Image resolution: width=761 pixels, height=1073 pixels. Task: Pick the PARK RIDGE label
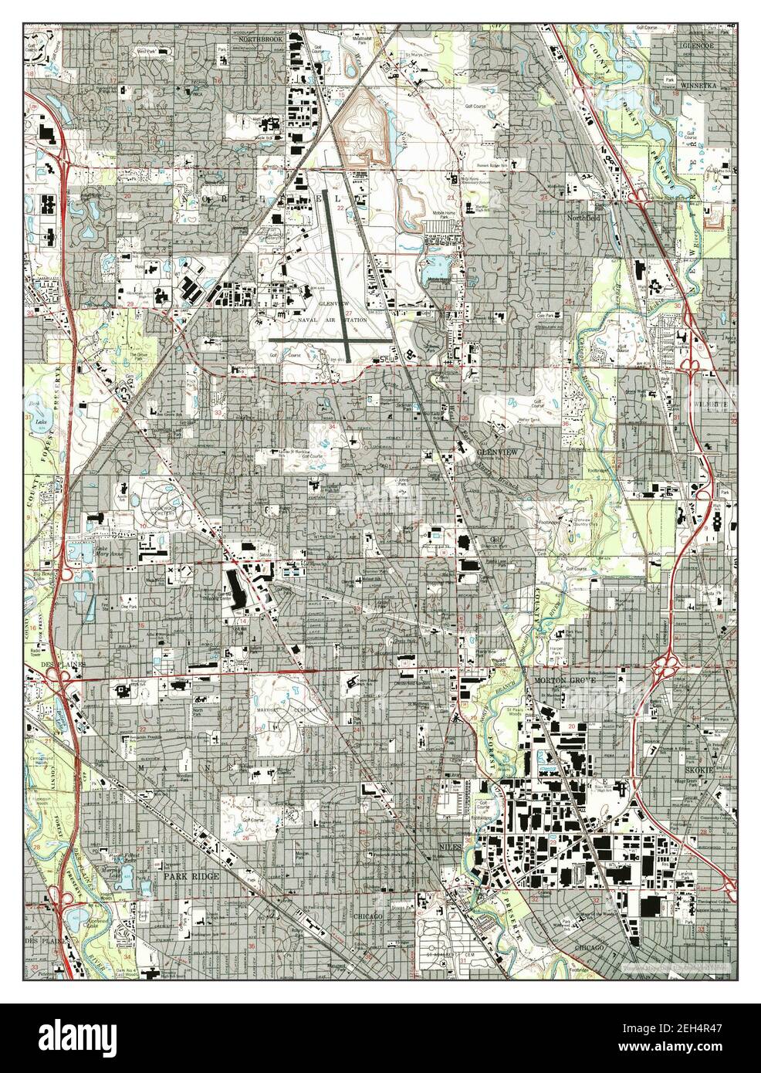(x=190, y=877)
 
